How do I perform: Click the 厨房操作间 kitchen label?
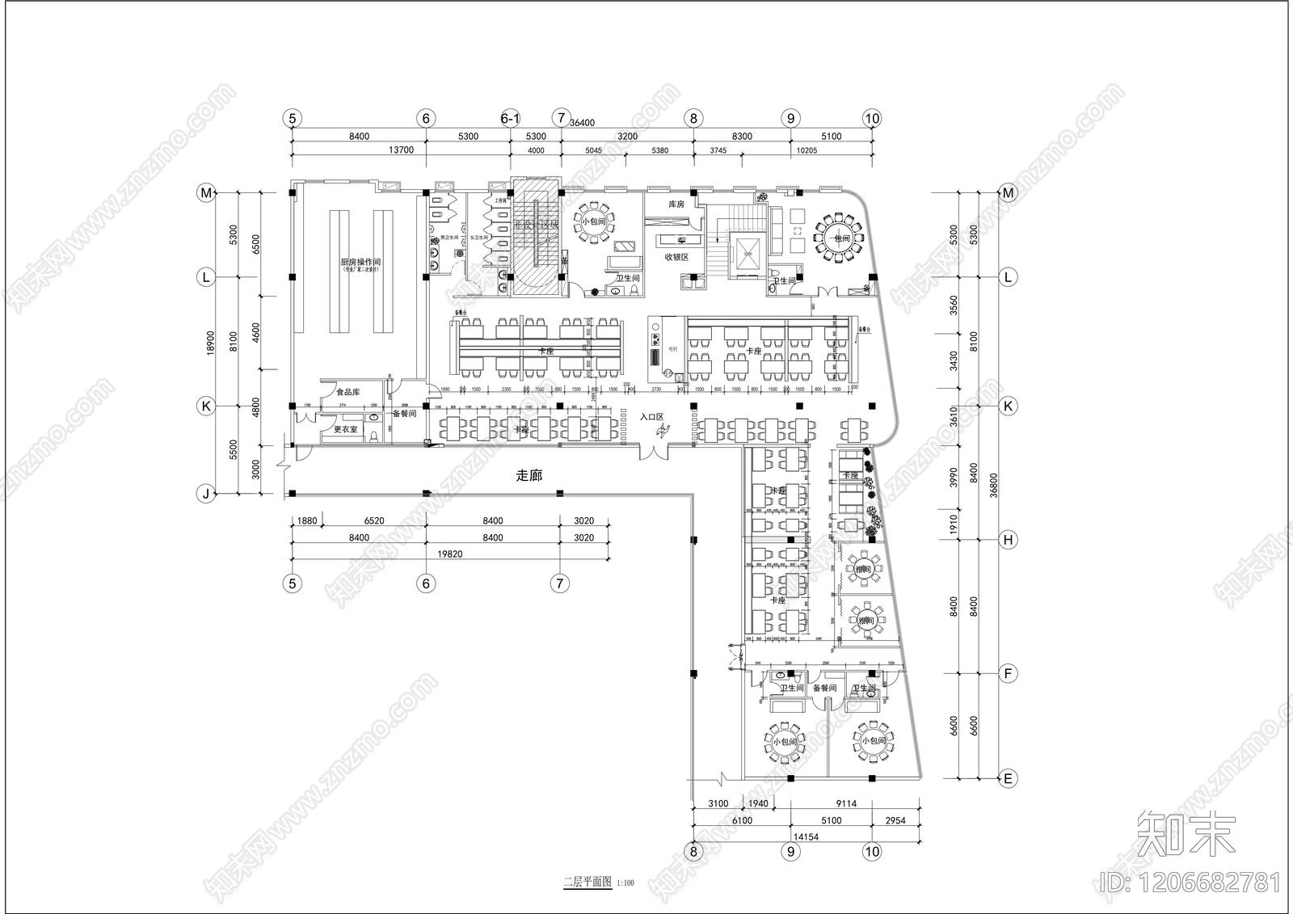360,262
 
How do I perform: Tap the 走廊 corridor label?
529,475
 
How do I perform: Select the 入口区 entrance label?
651,417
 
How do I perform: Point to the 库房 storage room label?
676,204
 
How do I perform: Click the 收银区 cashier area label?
676,257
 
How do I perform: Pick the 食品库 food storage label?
347,392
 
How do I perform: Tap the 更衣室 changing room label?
345,429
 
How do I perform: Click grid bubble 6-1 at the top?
510,118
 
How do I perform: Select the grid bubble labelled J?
206,493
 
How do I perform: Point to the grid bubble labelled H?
1008,539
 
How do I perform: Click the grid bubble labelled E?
1008,778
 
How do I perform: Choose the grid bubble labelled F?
1008,672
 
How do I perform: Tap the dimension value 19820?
450,554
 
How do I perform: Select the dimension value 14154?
806,836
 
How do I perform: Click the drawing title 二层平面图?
588,882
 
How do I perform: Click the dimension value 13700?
401,150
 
